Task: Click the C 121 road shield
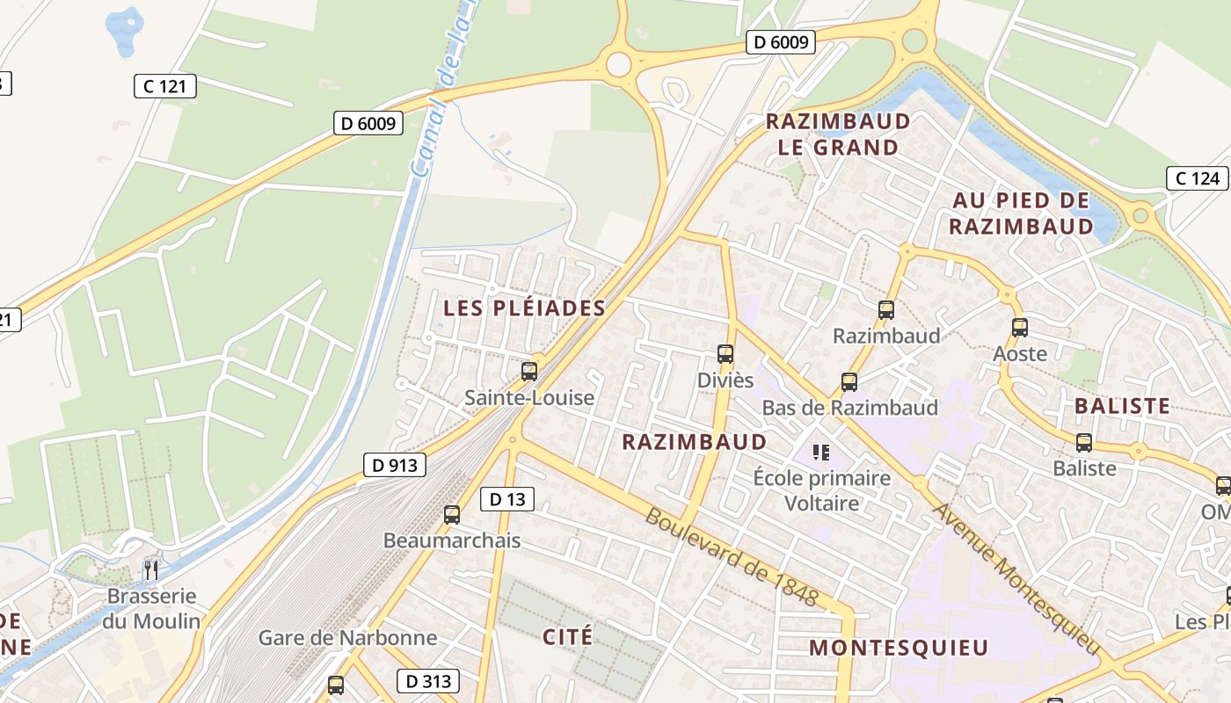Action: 164,86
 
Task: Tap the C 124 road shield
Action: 1197,178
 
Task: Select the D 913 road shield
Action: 394,465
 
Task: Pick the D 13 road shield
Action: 506,499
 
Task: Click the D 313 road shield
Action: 428,680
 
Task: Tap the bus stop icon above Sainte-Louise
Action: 528,372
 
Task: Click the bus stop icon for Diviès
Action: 725,354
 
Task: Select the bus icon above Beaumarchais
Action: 452,515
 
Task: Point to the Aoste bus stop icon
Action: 1019,328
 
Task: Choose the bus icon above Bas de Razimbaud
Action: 849,382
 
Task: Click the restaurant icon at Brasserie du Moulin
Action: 151,570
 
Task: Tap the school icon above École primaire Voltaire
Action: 821,453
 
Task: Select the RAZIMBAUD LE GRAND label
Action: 838,134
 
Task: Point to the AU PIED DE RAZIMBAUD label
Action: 1022,214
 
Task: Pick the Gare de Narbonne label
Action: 347,637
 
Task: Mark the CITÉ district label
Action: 567,636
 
